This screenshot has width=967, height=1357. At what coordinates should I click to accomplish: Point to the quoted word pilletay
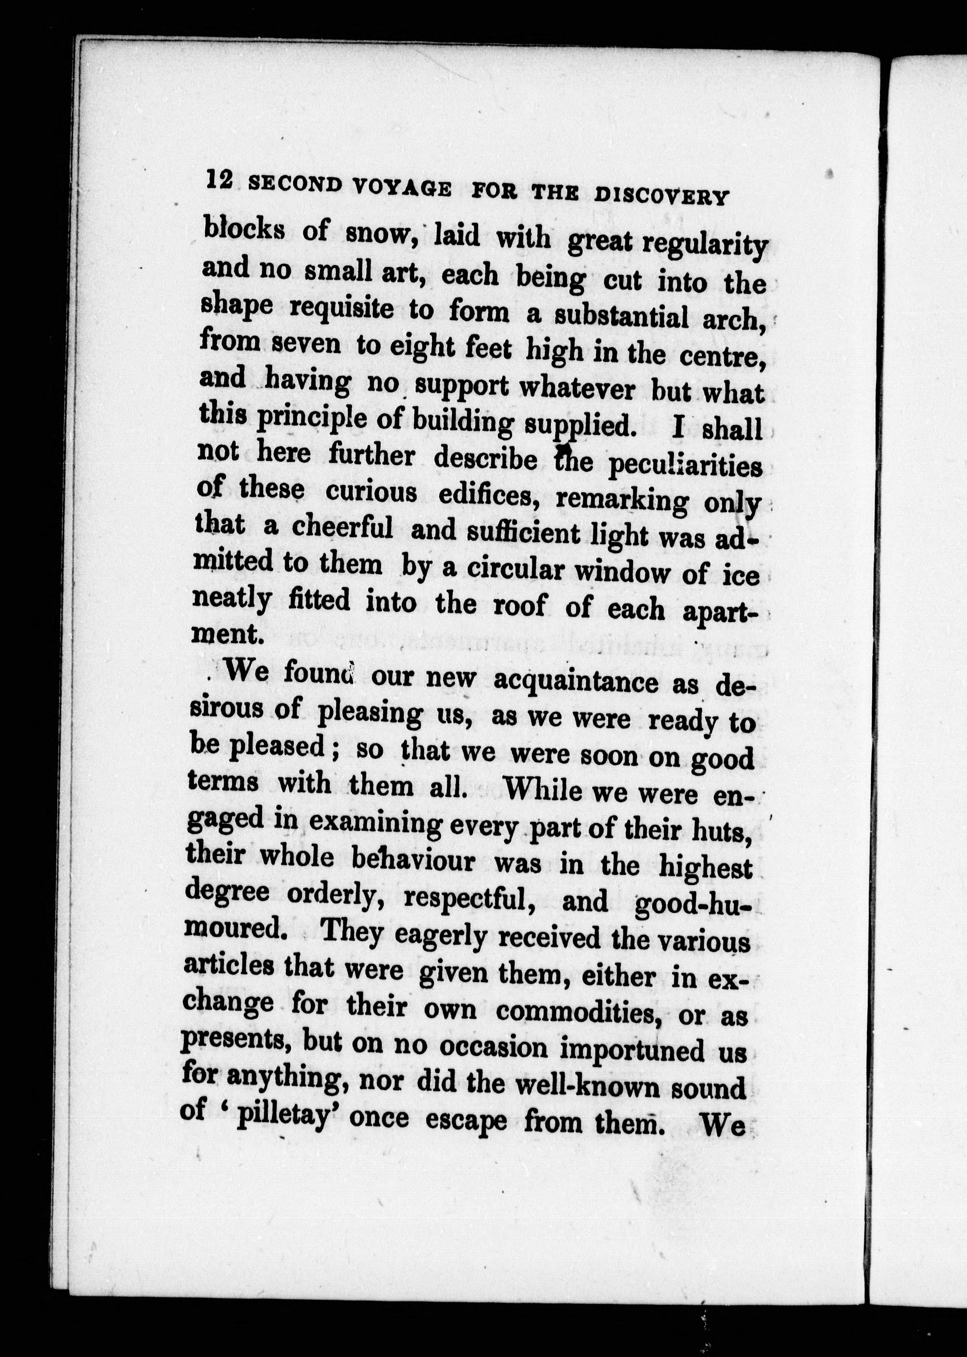(282, 1118)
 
